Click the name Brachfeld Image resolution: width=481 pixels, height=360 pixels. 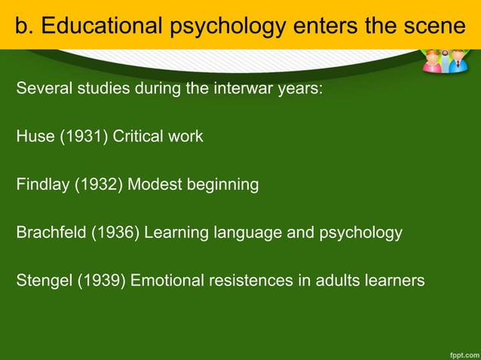[x=51, y=233]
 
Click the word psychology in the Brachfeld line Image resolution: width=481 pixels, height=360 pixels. [x=358, y=233]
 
